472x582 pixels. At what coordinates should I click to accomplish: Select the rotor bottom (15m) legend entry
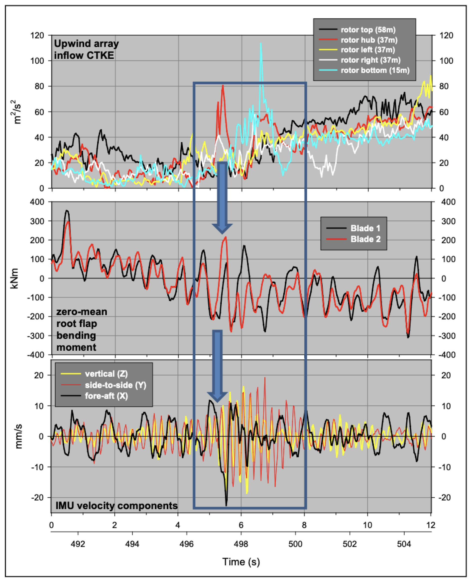coord(375,70)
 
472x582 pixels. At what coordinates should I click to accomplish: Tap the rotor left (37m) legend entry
coord(367,50)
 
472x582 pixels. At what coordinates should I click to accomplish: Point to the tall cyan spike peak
coord(261,43)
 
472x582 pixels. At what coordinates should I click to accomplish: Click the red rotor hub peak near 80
coord(223,86)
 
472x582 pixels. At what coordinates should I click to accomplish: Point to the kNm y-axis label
coord(15,278)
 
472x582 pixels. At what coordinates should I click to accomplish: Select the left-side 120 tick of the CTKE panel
coord(37,35)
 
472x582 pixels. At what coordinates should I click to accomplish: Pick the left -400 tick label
coord(36,355)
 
